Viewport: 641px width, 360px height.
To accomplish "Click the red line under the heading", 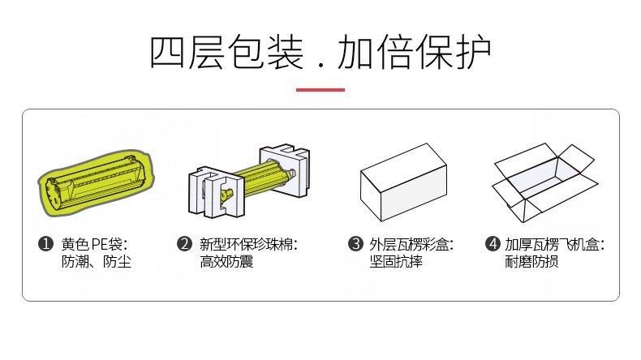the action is [320, 88].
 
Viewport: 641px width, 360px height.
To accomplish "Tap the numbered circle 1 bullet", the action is [45, 243].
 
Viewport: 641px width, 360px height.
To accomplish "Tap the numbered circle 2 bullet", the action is [184, 243].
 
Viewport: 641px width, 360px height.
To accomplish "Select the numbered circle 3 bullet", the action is [354, 243].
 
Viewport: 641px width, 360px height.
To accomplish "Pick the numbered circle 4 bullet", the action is [492, 243].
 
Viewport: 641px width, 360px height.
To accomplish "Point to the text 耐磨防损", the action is [531, 262].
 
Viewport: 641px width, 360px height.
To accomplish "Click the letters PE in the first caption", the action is [98, 244].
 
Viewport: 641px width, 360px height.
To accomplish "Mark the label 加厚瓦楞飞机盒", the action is [552, 244].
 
